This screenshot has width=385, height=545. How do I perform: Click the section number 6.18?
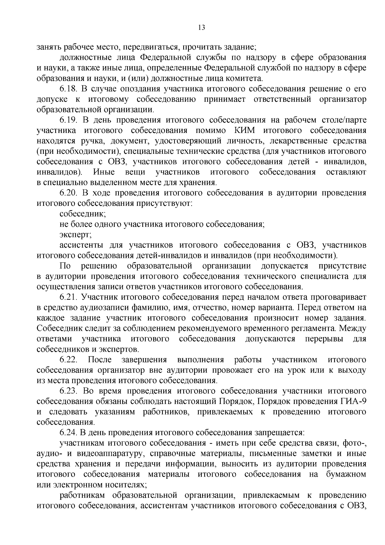coord(69,89)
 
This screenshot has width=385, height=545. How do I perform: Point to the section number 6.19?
coord(69,120)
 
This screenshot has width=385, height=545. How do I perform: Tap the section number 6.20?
coord(69,193)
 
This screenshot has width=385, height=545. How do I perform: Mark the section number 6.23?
coord(69,391)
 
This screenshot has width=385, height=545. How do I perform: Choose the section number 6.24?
coord(69,433)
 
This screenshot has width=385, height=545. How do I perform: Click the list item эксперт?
coord(75,235)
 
